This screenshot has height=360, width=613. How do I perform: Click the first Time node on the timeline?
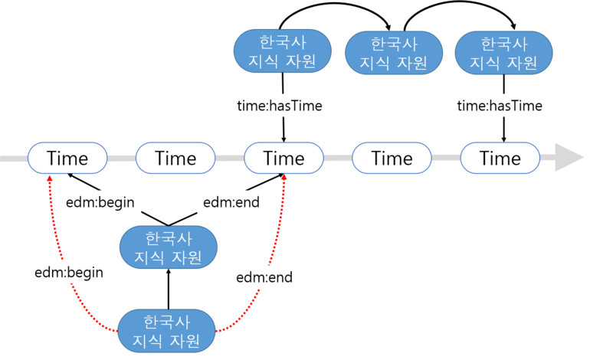tap(67, 159)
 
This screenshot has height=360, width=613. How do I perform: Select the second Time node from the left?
tap(175, 159)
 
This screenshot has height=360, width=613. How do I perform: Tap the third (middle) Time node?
tap(284, 159)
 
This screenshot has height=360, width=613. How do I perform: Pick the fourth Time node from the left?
tap(392, 159)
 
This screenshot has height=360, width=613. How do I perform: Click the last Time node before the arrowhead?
tap(500, 159)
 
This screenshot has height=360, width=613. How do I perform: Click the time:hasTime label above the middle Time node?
tap(280, 106)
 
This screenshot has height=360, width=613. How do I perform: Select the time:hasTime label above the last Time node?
tap(499, 106)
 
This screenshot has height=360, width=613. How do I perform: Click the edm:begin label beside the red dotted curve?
tap(69, 272)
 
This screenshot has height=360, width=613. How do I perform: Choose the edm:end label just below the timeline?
tap(231, 202)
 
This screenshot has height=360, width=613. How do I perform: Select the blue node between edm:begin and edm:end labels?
tap(169, 247)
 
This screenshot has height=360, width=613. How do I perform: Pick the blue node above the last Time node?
tap(503, 52)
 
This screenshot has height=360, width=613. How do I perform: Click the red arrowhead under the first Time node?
tap(51, 178)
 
